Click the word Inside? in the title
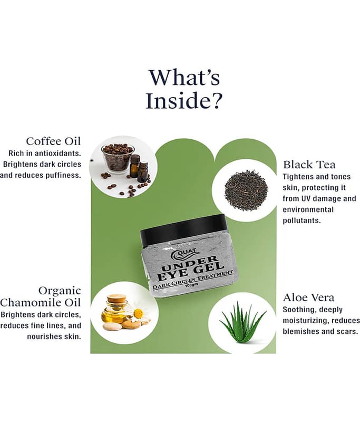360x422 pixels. pos(184,100)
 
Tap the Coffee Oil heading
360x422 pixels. pos(53,141)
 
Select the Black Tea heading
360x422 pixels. pos(309,165)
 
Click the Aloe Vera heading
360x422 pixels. pos(309,298)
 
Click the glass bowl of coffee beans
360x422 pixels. pos(118,158)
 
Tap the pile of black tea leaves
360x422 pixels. pos(246,190)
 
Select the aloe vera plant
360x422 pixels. pos(242,322)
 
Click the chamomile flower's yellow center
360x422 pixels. pos(138,313)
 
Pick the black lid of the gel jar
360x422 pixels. pos(183,229)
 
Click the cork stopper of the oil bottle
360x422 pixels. pos(116,298)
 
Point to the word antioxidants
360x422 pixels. pos(58,153)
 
